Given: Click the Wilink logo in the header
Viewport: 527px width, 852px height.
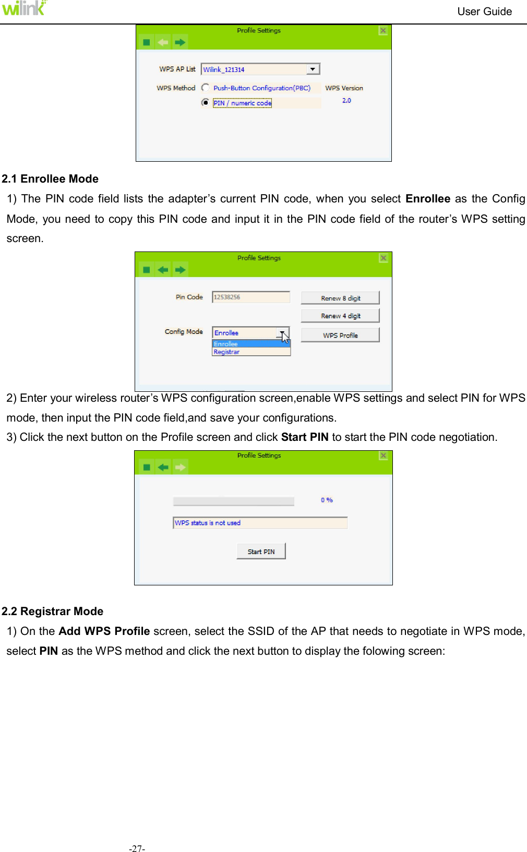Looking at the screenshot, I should (23, 8).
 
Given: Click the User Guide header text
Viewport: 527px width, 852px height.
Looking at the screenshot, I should (484, 11).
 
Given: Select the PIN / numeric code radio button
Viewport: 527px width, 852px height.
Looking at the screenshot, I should (206, 103).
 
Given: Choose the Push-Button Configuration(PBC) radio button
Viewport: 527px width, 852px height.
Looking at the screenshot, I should (206, 88).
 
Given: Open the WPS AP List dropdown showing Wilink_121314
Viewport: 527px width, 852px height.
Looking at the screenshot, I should (313, 69).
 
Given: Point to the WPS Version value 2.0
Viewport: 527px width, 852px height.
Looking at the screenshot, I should (346, 101).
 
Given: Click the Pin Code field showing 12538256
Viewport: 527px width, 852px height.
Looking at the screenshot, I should (250, 297).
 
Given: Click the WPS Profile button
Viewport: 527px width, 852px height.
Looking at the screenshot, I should (340, 335).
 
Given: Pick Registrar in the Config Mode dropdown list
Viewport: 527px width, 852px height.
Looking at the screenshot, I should (227, 352).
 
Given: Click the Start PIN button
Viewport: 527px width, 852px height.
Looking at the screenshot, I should (261, 551).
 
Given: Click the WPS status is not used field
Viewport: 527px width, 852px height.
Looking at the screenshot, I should (260, 523).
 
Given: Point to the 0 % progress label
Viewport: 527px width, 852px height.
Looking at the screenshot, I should (327, 500).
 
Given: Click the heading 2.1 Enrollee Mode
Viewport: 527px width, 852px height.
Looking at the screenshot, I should (50, 179).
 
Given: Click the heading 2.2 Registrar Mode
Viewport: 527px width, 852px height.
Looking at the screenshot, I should (52, 611).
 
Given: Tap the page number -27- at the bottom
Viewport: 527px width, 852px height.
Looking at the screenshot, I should (137, 848).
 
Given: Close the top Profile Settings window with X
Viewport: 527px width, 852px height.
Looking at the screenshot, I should (383, 31).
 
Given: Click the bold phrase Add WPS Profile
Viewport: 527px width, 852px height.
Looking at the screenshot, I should (104, 631).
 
